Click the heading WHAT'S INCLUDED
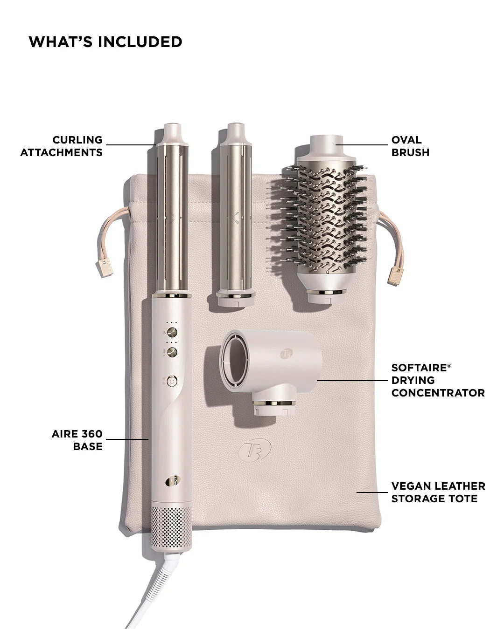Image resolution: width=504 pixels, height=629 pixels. pyautogui.click(x=105, y=42)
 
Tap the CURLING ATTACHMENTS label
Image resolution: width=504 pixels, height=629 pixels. pyautogui.click(x=62, y=146)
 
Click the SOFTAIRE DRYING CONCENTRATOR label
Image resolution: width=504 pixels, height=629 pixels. pyautogui.click(x=438, y=380)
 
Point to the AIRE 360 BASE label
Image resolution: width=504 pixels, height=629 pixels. pyautogui.click(x=77, y=440)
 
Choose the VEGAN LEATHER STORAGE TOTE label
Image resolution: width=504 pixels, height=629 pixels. pyautogui.click(x=438, y=492)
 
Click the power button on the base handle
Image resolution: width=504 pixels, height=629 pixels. pyautogui.click(x=172, y=381)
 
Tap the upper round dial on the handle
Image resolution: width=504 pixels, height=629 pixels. pyautogui.click(x=172, y=332)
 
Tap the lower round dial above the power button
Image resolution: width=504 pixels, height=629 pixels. pyautogui.click(x=172, y=351)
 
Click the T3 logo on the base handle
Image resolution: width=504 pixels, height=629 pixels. pyautogui.click(x=172, y=481)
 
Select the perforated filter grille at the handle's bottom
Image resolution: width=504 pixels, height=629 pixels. pyautogui.click(x=171, y=527)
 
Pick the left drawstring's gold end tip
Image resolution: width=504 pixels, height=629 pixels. pyautogui.click(x=105, y=268)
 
